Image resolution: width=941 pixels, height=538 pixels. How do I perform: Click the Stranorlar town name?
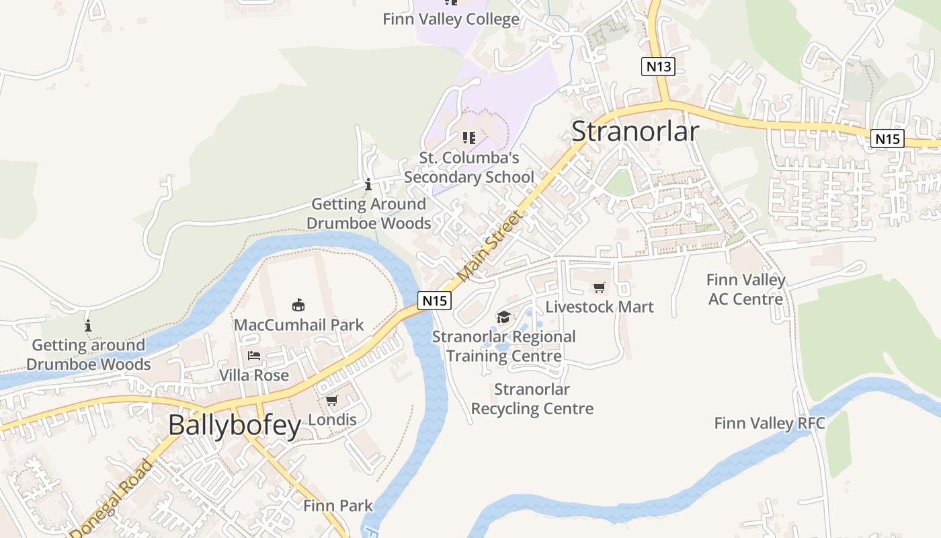click(x=635, y=131)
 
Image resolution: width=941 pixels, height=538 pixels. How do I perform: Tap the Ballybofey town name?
click(x=235, y=425)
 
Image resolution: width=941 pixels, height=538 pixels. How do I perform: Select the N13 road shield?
click(x=657, y=66)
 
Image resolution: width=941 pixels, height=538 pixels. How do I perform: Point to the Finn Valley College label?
click(x=451, y=19)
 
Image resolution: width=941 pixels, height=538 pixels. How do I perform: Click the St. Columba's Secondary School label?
click(x=469, y=167)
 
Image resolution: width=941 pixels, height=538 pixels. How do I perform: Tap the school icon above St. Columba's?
click(x=469, y=138)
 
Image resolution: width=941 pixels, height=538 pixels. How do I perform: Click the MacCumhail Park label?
click(x=298, y=325)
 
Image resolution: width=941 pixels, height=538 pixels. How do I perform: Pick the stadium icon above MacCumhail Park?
click(x=298, y=305)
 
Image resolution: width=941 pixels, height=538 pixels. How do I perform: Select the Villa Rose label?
click(x=254, y=375)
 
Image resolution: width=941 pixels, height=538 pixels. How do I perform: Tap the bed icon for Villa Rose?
click(x=254, y=355)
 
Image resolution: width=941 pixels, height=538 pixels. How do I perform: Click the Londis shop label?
click(x=331, y=420)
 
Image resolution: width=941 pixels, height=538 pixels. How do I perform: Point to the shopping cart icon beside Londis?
click(x=331, y=401)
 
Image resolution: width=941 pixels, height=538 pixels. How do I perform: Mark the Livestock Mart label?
click(x=600, y=307)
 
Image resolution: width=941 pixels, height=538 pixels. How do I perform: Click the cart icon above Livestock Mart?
click(x=600, y=287)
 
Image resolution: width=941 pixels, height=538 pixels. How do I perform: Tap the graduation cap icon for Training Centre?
click(x=503, y=317)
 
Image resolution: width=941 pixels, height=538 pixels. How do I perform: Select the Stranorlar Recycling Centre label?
click(x=532, y=399)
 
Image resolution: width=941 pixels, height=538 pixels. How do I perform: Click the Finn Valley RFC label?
click(x=770, y=423)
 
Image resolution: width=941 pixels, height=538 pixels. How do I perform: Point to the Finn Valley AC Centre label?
click(x=746, y=289)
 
